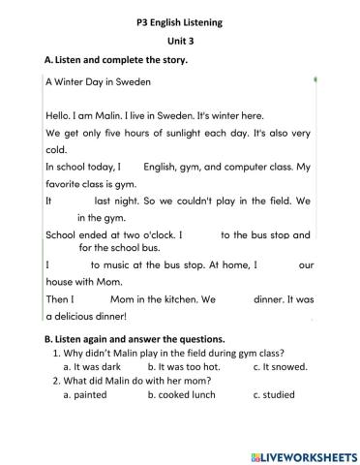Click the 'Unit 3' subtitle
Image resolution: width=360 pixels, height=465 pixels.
tap(181, 38)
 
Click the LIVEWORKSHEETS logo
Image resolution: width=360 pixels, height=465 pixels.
tap(298, 451)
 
